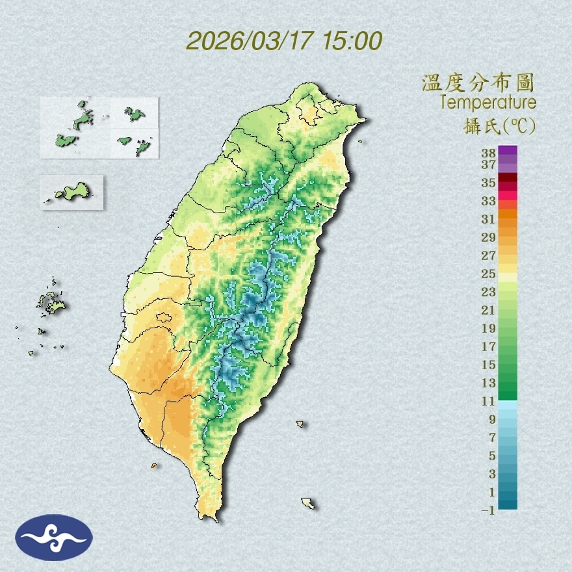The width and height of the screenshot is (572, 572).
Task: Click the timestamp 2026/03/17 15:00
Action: click(x=284, y=41)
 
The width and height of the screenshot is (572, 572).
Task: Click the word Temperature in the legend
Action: click(x=487, y=103)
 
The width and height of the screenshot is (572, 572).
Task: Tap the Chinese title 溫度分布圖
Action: click(x=478, y=83)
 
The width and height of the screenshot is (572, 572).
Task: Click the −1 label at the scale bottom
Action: click(x=488, y=510)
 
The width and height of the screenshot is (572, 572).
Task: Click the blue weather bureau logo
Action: click(x=54, y=538)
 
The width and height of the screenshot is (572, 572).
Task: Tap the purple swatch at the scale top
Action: click(x=508, y=150)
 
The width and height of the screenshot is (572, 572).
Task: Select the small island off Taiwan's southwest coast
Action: click(x=154, y=465)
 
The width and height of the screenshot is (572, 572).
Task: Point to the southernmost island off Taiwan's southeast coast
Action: click(x=308, y=503)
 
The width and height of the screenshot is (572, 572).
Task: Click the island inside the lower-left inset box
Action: click(x=72, y=192)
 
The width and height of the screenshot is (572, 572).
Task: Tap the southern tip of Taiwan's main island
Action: click(x=210, y=518)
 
